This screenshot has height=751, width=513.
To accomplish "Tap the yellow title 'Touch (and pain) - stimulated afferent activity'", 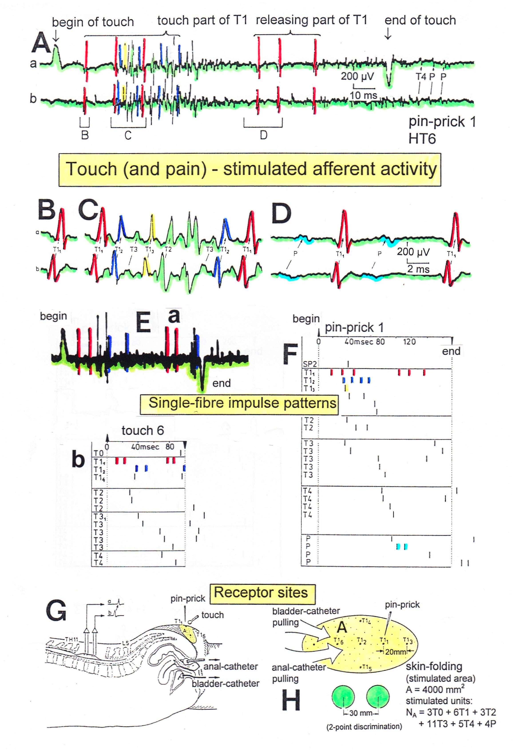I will (250, 170).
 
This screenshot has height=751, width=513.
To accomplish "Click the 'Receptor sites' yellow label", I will (262, 593).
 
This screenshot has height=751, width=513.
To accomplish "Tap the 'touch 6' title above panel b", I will (143, 430).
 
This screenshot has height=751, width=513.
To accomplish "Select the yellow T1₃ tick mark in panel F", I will (346, 388).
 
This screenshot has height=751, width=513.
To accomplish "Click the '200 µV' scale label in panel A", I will (357, 76).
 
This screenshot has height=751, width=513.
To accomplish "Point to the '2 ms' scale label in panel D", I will (419, 269).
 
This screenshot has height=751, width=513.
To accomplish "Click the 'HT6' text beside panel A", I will (422, 139).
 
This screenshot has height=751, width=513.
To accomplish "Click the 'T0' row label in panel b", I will (99, 453).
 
